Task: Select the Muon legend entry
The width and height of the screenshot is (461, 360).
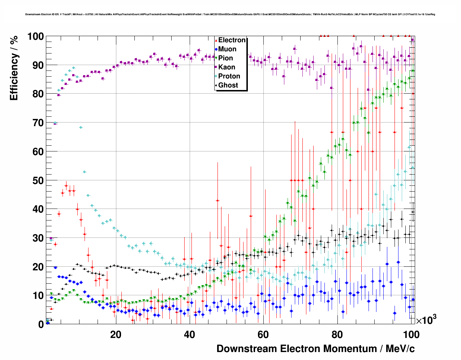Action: [x=227, y=49]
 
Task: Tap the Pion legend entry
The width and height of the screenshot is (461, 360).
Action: [x=226, y=58]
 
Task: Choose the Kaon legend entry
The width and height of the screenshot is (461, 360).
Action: [x=227, y=67]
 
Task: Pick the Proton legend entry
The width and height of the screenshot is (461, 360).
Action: [x=229, y=76]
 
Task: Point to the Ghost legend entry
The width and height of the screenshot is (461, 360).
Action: [x=228, y=85]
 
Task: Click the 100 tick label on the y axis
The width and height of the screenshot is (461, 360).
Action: [x=35, y=37]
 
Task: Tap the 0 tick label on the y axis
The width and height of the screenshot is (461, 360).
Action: [x=41, y=324]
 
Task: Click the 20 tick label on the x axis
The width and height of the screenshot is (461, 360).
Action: [x=116, y=335]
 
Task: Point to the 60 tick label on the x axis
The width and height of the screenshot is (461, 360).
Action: [x=263, y=335]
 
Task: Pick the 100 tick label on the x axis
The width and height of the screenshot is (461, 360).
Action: [x=411, y=335]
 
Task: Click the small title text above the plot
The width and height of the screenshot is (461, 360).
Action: [x=230, y=14]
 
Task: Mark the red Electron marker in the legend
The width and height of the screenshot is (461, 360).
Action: [x=216, y=40]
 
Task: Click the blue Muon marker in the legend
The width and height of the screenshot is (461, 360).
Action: [x=216, y=50]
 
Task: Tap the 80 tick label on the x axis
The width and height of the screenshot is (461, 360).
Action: [x=337, y=335]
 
